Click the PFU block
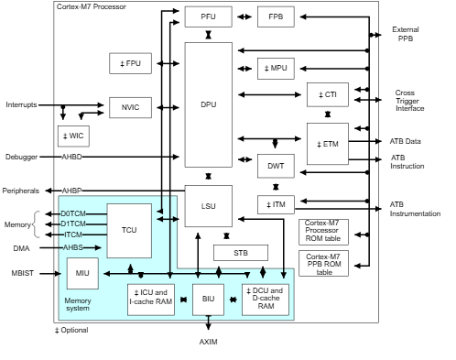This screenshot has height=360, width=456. tap(208, 16)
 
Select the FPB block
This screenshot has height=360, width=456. tap(276, 16)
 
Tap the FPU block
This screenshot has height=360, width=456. tap(130, 64)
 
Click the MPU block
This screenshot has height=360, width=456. tap(276, 68)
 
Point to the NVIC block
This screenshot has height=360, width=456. tap(130, 107)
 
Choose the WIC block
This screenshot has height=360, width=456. tap(72, 136)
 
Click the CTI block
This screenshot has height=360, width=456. tap(327, 94)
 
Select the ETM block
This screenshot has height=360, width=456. tap(327, 144)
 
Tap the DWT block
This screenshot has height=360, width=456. tap(276, 166)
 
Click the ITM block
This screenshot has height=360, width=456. tap(276, 204)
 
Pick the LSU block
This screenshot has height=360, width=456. tap(208, 206)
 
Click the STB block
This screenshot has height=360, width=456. tap(241, 253)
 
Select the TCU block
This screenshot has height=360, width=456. tap(129, 230)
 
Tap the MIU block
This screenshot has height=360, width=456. tap(81, 273)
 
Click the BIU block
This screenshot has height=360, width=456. tap(208, 300)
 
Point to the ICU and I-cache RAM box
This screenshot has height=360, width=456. tap(150, 300)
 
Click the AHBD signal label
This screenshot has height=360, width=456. tap(72, 157)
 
